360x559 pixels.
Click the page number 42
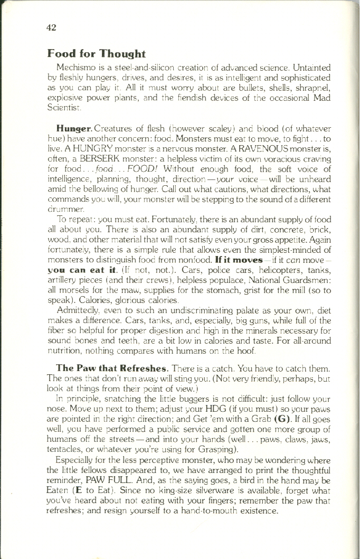tap(51, 27)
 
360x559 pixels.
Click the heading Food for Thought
tap(96, 54)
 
